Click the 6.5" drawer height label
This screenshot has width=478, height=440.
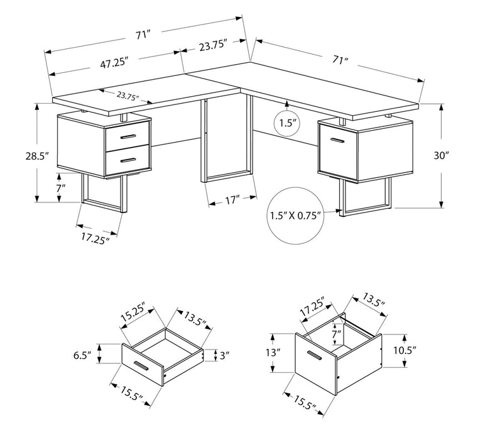coord(82,355)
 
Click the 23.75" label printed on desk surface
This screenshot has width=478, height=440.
coord(128,96)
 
